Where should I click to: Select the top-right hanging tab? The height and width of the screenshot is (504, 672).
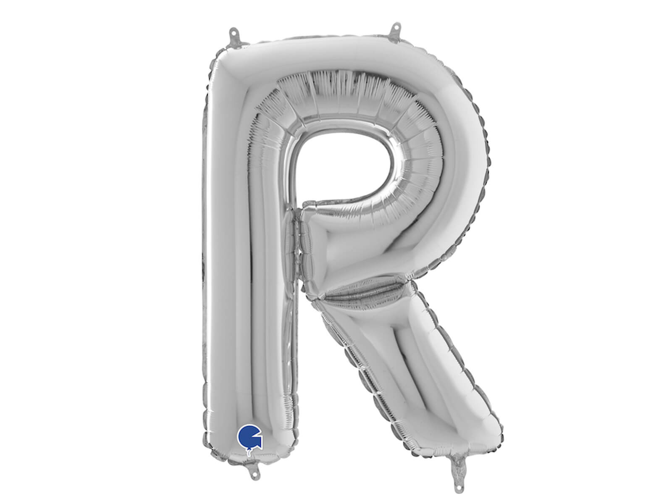pyautogui.click(x=395, y=31)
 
